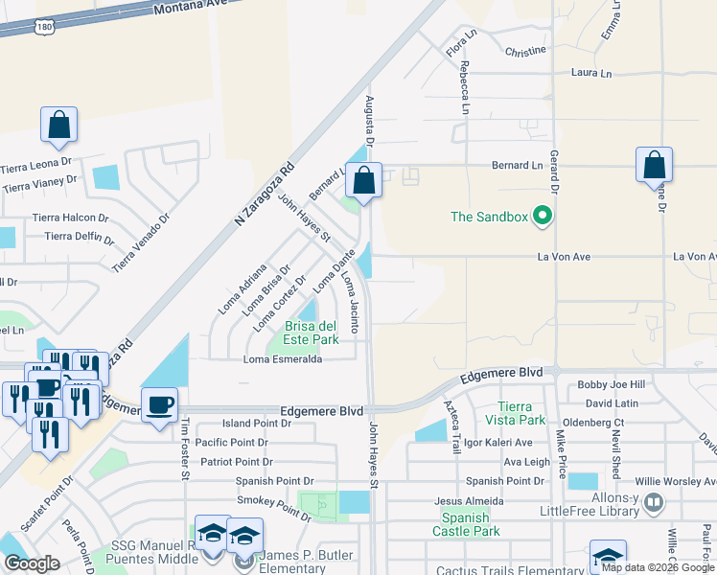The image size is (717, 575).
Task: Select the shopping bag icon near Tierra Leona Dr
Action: coord(58,125)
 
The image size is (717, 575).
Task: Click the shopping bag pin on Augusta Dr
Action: coord(364,179)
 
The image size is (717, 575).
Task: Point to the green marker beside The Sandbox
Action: coord(544,216)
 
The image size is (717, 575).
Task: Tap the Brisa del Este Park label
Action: coord(312,333)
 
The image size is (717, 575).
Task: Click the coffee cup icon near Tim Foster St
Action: coord(159,403)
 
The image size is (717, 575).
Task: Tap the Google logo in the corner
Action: coord(32,563)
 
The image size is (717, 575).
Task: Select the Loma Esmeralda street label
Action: coord(282,359)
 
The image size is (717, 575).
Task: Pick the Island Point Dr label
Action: coord(256,423)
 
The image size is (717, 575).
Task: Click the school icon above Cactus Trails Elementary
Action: coord(609,557)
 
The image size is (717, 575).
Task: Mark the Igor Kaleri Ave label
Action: coord(497,443)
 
